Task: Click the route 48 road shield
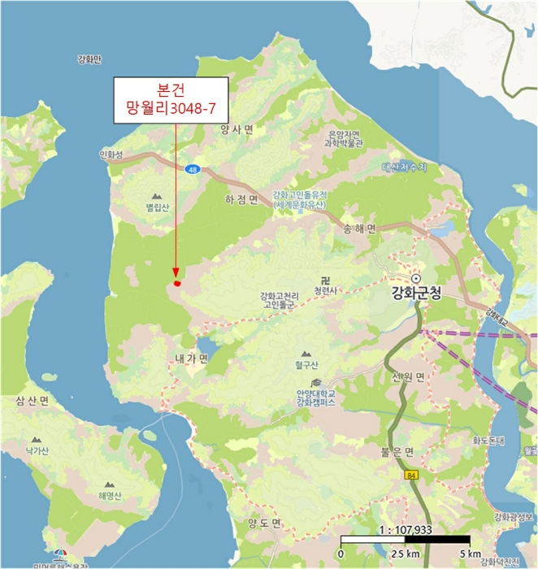click(192, 169)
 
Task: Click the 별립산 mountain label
click(157, 207)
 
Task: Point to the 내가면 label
click(192, 358)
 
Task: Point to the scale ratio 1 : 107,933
click(404, 528)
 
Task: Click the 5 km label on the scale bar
click(469, 554)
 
